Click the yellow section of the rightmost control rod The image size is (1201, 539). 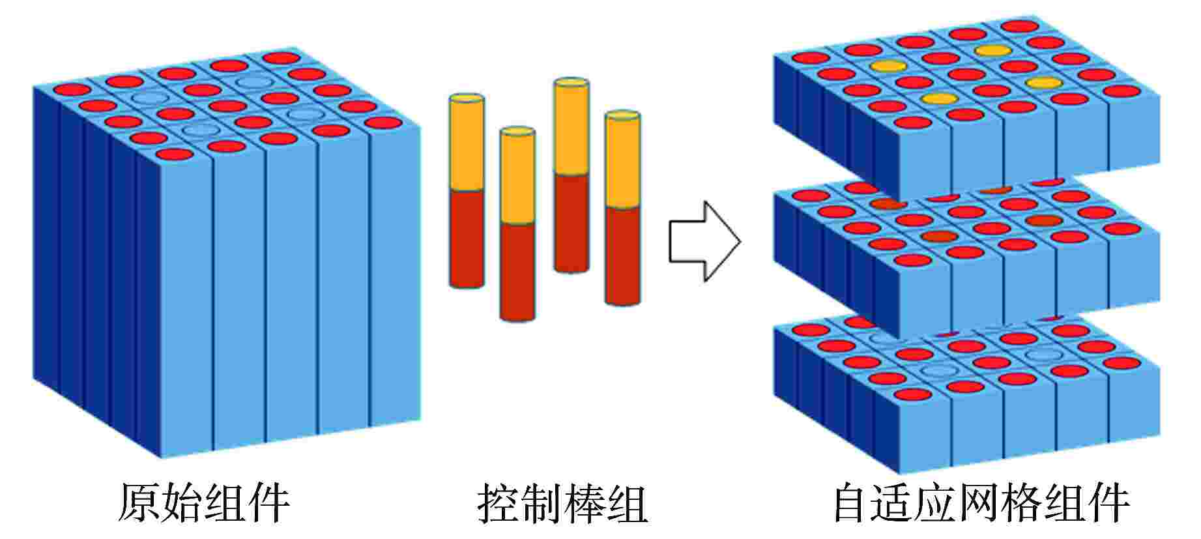pos(622,163)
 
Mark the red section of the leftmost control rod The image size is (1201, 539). pos(467,238)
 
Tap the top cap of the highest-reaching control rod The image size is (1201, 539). pos(572,84)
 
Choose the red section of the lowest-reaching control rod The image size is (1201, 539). pos(517,270)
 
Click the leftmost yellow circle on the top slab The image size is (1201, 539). pos(888,65)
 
